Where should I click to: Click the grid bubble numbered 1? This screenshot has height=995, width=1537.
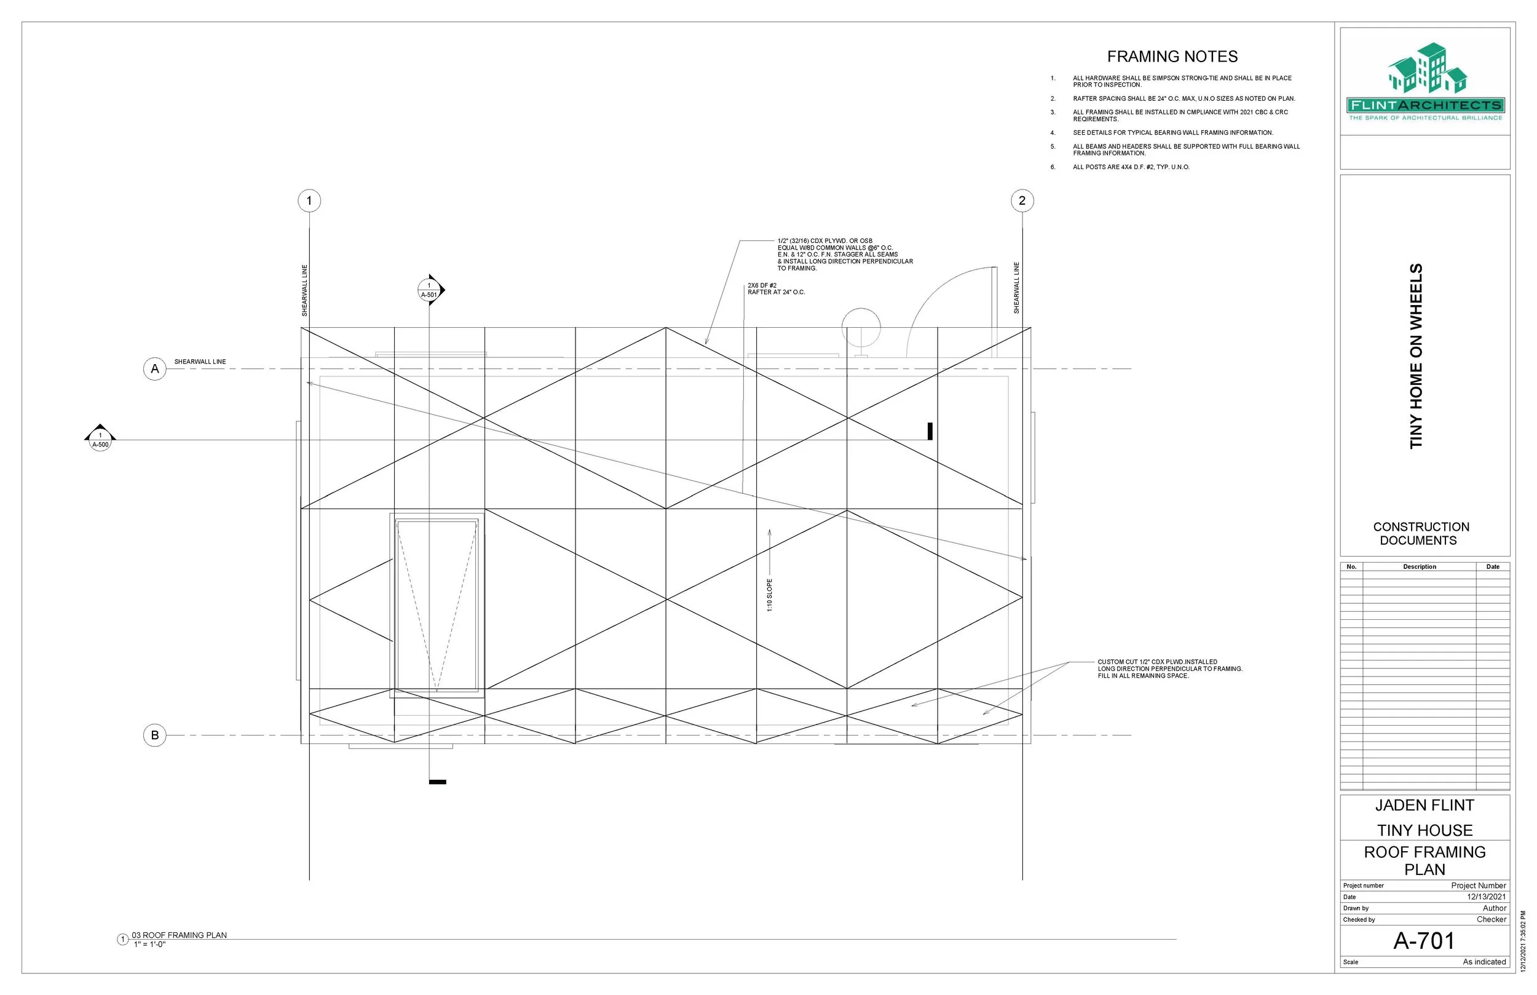[x=309, y=201]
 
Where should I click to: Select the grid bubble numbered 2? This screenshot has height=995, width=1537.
[x=1022, y=201]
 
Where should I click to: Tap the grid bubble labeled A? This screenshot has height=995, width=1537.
[x=154, y=369]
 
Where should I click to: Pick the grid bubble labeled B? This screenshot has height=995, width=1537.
[x=154, y=735]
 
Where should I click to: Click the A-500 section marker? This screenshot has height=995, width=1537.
[x=100, y=439]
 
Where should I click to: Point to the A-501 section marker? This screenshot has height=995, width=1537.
[x=430, y=291]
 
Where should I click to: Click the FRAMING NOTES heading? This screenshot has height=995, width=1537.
[x=1172, y=57]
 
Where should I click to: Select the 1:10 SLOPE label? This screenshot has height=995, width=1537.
[x=769, y=595]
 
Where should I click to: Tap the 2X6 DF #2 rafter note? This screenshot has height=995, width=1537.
[x=776, y=289]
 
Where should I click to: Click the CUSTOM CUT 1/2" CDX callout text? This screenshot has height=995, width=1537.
[x=1169, y=668]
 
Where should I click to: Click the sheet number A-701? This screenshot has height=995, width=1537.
[x=1424, y=941]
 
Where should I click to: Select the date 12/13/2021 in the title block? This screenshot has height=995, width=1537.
[x=1486, y=897]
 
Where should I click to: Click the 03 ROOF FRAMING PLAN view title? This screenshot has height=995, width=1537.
[x=179, y=935]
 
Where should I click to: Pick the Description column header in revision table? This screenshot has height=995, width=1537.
[x=1419, y=566]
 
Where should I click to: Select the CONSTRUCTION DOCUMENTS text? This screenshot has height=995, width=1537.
[x=1421, y=534]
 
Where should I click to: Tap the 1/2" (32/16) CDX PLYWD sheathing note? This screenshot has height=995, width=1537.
[x=844, y=255]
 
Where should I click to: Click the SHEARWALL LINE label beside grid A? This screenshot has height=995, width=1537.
[x=200, y=362]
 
